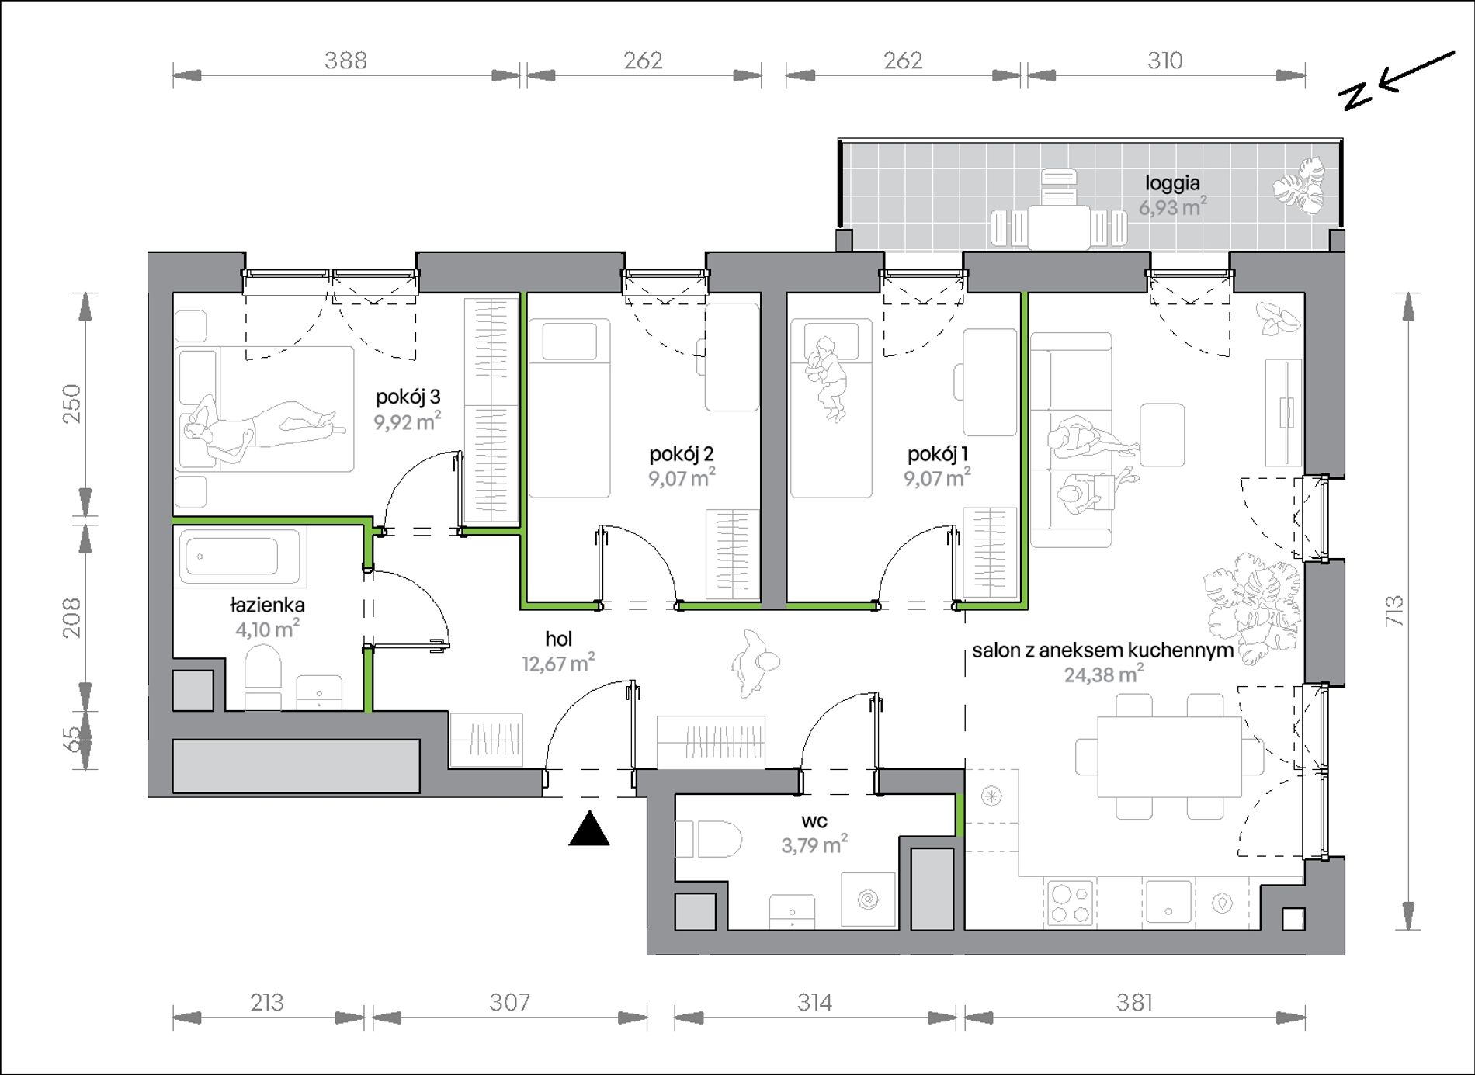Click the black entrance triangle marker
tap(589, 828)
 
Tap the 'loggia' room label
tap(1172, 183)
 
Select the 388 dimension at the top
tap(345, 60)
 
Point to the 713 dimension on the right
tap(1395, 611)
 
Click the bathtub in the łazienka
tap(241, 556)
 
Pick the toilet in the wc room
tap(708, 839)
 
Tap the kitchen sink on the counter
tap(1168, 901)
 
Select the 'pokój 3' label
tap(408, 397)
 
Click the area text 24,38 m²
tap(1103, 674)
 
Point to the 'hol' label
tap(559, 639)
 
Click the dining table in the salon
tap(1169, 757)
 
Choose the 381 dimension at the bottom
tap(1134, 1003)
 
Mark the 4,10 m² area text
tap(268, 629)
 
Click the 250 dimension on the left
tap(71, 404)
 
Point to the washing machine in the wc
tap(868, 900)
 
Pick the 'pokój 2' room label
tap(682, 453)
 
